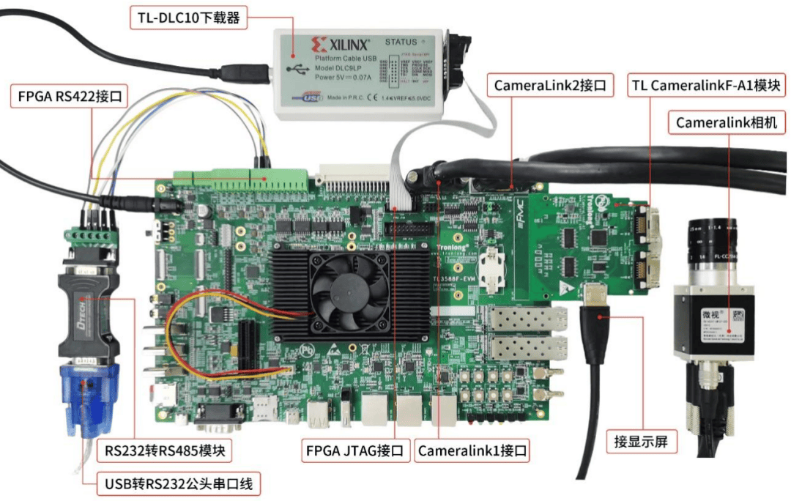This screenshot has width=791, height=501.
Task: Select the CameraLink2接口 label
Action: point(550,85)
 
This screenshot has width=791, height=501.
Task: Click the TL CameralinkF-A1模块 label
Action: point(708,85)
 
